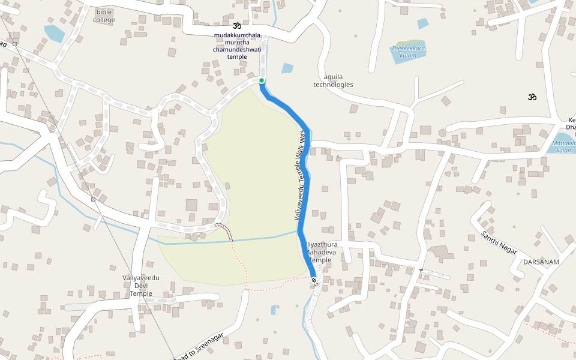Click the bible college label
104,16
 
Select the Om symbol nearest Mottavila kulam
530,97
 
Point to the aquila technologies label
333,80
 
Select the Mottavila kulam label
564,147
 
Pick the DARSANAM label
541,262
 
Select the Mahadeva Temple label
321,253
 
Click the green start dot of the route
262,80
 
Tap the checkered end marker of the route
314,280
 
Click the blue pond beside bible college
54,33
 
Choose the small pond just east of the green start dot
287,68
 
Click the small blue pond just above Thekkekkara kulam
423,23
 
